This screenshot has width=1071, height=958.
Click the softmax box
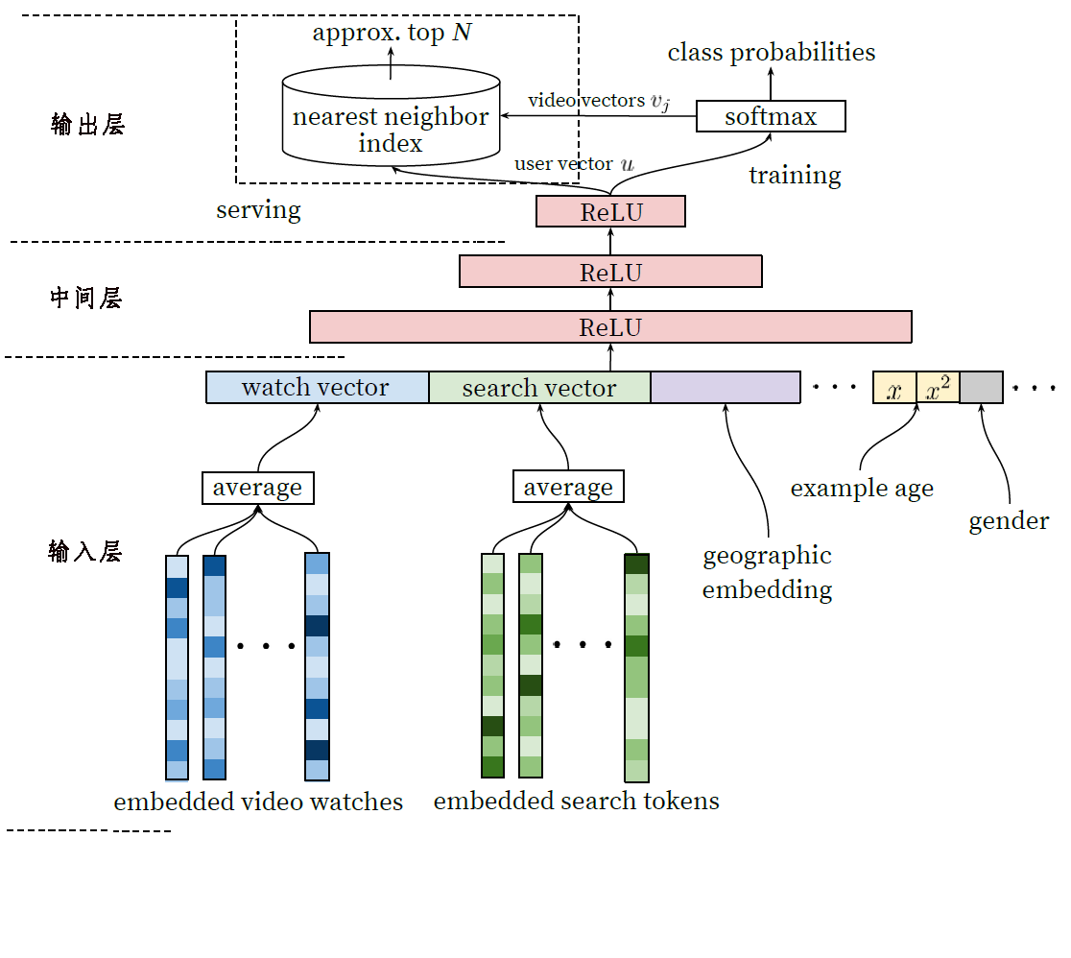771,116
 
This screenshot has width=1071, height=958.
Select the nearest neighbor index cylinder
391,115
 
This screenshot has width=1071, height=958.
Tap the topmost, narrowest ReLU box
610,212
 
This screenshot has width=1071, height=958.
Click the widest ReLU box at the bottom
610,327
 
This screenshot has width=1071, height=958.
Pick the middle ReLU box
610,272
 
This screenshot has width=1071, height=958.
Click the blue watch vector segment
317,388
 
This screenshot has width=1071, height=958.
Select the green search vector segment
539,388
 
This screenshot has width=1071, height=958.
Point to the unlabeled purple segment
726,388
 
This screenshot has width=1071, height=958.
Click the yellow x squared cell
938,388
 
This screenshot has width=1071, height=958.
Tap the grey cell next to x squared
981,388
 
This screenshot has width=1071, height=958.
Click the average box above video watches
257,488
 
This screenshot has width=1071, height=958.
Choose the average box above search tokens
568,487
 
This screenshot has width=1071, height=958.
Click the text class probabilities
772,53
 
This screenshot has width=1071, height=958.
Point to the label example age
862,489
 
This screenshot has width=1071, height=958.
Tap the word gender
1009,521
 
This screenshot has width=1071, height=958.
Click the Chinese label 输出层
88,125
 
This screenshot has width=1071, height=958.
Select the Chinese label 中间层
86,298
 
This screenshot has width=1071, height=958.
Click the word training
795,176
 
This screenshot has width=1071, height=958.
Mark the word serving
258,210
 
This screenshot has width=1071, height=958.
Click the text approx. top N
393,33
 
